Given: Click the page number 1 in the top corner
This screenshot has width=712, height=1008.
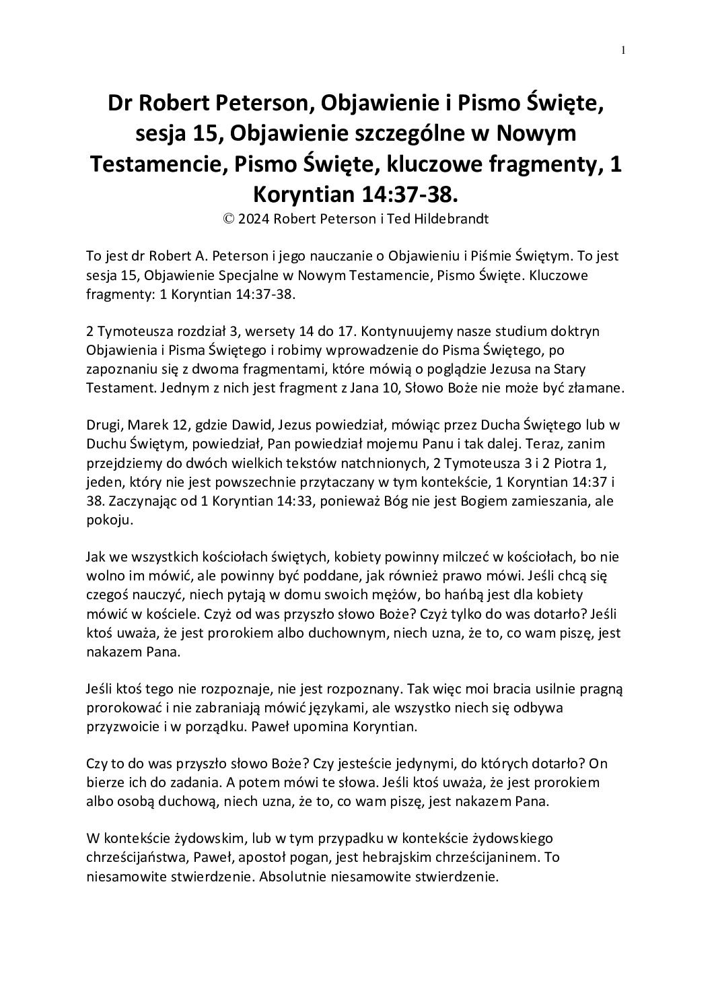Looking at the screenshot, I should coord(623,51).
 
